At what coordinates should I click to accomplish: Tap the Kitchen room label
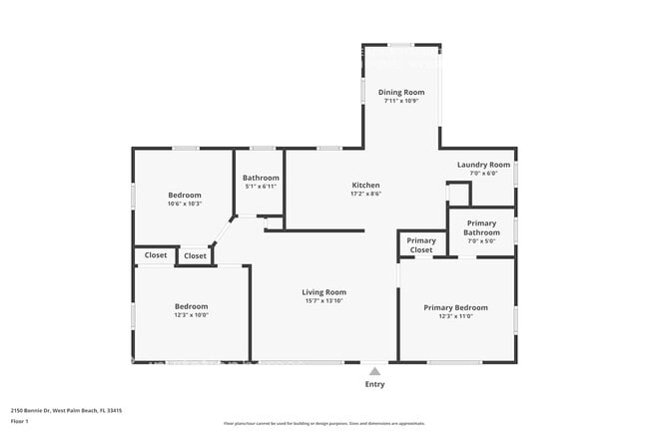pyautogui.click(x=365, y=186)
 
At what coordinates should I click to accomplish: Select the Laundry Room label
pyautogui.click(x=483, y=165)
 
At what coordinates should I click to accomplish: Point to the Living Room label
pyautogui.click(x=324, y=292)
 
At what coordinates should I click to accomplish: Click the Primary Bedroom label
pyautogui.click(x=455, y=307)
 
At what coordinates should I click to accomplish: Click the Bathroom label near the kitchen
pyautogui.click(x=261, y=178)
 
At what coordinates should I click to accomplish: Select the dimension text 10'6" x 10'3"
pyautogui.click(x=185, y=204)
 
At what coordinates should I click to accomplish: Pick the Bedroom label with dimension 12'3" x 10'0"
pyautogui.click(x=192, y=306)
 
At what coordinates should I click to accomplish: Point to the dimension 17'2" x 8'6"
pyautogui.click(x=365, y=195)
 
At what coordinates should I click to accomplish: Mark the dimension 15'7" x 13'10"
pyautogui.click(x=324, y=301)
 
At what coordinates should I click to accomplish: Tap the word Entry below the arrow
pyautogui.click(x=374, y=384)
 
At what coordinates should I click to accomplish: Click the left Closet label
pyautogui.click(x=156, y=255)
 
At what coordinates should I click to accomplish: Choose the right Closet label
pyautogui.click(x=196, y=255)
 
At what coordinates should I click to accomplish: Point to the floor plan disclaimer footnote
pyautogui.click(x=324, y=423)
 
